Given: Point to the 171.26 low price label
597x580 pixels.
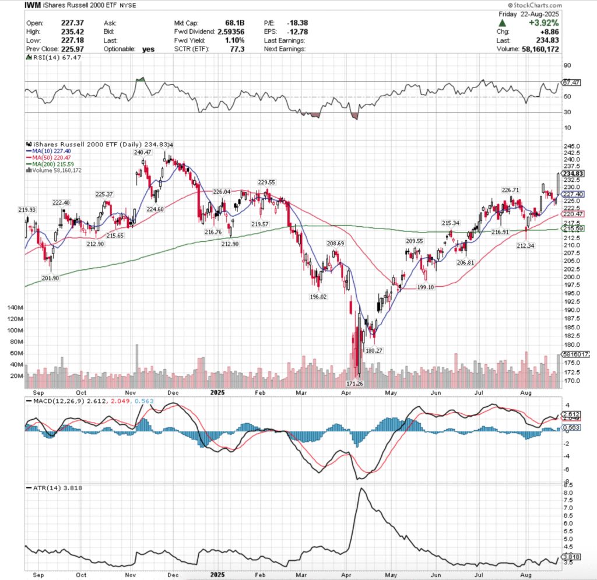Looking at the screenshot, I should click(x=359, y=384).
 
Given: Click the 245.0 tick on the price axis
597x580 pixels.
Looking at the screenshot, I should click(x=572, y=146).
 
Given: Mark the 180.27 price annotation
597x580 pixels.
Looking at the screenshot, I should click(x=373, y=351).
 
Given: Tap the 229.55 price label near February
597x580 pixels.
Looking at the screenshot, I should click(x=268, y=182).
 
